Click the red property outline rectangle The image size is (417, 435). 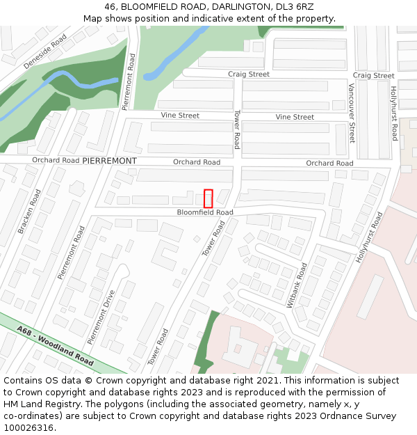tap(208, 198)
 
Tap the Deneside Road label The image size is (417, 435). tap(44, 51)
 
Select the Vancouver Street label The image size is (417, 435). tap(352, 113)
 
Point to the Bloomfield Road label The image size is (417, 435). tap(204, 212)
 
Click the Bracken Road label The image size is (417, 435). tap(30, 211)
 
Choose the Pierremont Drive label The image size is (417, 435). tap(101, 317)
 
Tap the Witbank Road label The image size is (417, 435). tap(296, 285)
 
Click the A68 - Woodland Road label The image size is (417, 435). tap(56, 347)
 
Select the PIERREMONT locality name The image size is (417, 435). tap(109, 160)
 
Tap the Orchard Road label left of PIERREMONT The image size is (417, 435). tap(56, 160)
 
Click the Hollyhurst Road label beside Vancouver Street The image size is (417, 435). tap(394, 113)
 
